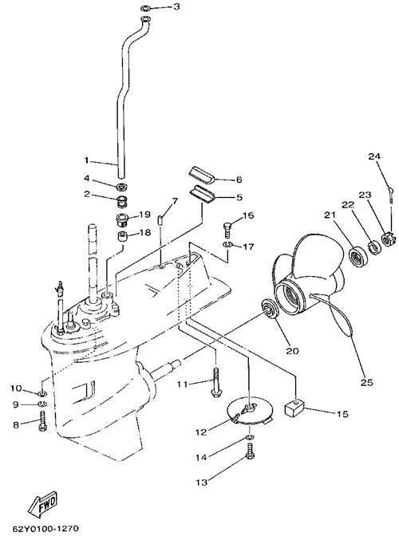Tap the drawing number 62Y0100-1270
click(x=46, y=528)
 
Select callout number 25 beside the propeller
click(x=367, y=382)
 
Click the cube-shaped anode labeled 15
click(x=293, y=408)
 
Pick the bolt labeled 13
click(x=251, y=452)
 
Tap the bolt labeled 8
click(x=43, y=420)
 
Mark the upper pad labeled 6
click(x=202, y=174)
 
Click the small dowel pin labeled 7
click(x=160, y=219)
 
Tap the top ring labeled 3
click(x=145, y=7)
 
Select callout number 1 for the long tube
click(x=87, y=160)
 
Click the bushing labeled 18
click(x=121, y=237)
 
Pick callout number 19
click(x=144, y=215)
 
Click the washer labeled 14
click(x=251, y=437)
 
